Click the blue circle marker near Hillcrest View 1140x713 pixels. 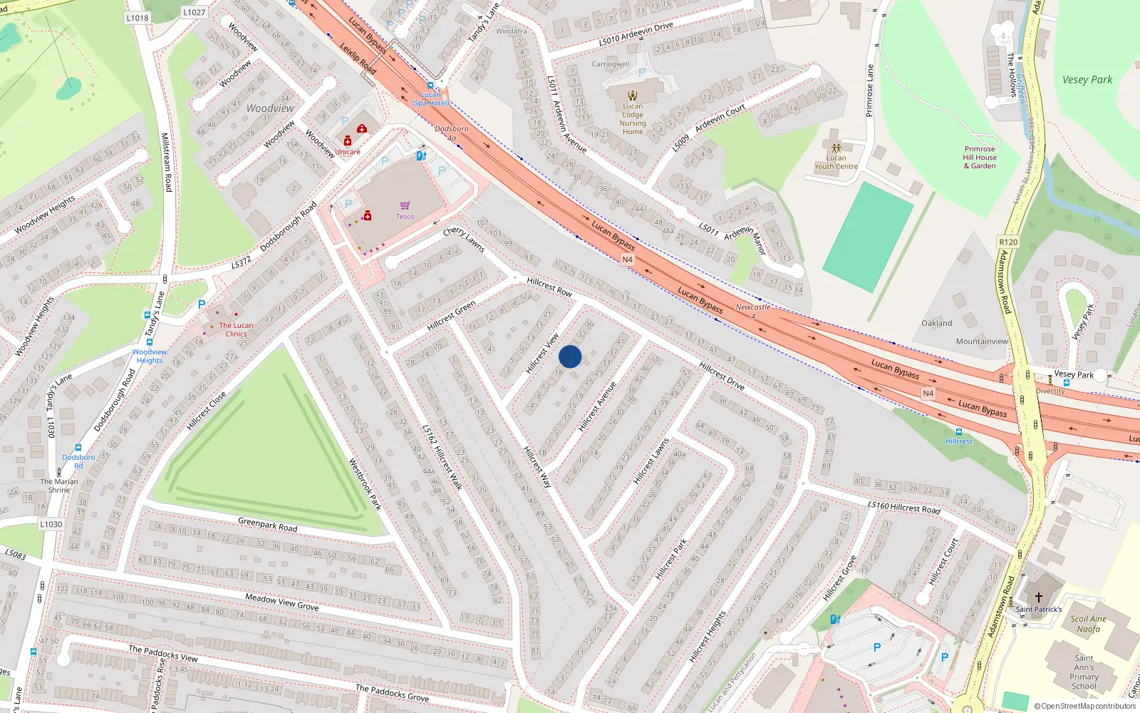tap(570, 356)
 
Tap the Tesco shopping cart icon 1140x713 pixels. tap(405, 206)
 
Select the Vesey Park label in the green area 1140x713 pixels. tap(1087, 80)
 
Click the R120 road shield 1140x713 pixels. tap(1008, 242)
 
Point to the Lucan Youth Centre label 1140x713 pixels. tap(836, 162)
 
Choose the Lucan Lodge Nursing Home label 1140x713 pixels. tap(632, 118)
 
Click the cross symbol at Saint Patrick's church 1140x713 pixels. tap(1038, 597)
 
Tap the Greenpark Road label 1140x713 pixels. tap(267, 525)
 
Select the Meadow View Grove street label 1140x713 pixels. tap(281, 602)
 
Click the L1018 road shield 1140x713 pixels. tap(138, 18)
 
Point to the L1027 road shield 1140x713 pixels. tap(194, 12)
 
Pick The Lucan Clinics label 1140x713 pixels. tap(236, 329)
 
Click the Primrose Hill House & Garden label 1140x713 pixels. tap(980, 158)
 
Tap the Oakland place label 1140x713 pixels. tap(936, 323)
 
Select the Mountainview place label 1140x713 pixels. tap(982, 342)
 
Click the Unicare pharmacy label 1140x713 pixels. tap(348, 152)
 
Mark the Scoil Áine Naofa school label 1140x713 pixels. tap(1088, 624)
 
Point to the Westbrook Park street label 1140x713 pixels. tap(365, 484)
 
